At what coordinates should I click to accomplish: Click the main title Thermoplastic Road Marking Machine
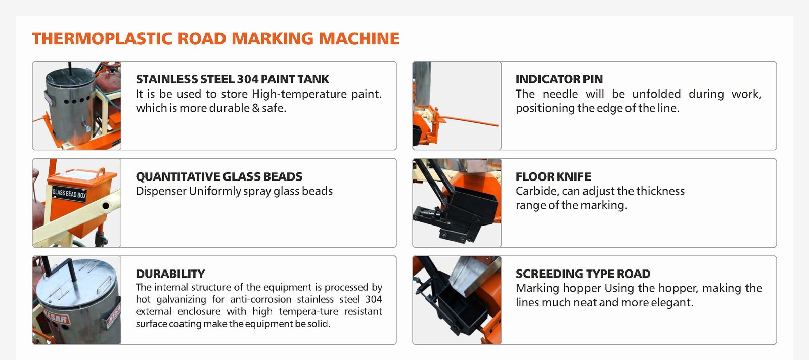pyautogui.click(x=215, y=38)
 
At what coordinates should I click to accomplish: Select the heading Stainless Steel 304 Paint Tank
pyautogui.click(x=232, y=79)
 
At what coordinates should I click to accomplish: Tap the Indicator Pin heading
pyautogui.click(x=559, y=79)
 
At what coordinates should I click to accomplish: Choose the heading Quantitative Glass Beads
pyautogui.click(x=219, y=176)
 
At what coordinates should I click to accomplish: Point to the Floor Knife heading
pyautogui.click(x=553, y=176)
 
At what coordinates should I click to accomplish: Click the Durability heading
pyautogui.click(x=170, y=274)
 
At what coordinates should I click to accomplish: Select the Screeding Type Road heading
pyautogui.click(x=583, y=274)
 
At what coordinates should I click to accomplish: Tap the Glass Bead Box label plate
pyautogui.click(x=69, y=194)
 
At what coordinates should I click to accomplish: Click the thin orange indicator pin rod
pyautogui.click(x=470, y=121)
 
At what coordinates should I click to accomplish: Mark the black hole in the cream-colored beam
pyautogui.click(x=106, y=206)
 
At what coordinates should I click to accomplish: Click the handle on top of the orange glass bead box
pyautogui.click(x=101, y=172)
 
